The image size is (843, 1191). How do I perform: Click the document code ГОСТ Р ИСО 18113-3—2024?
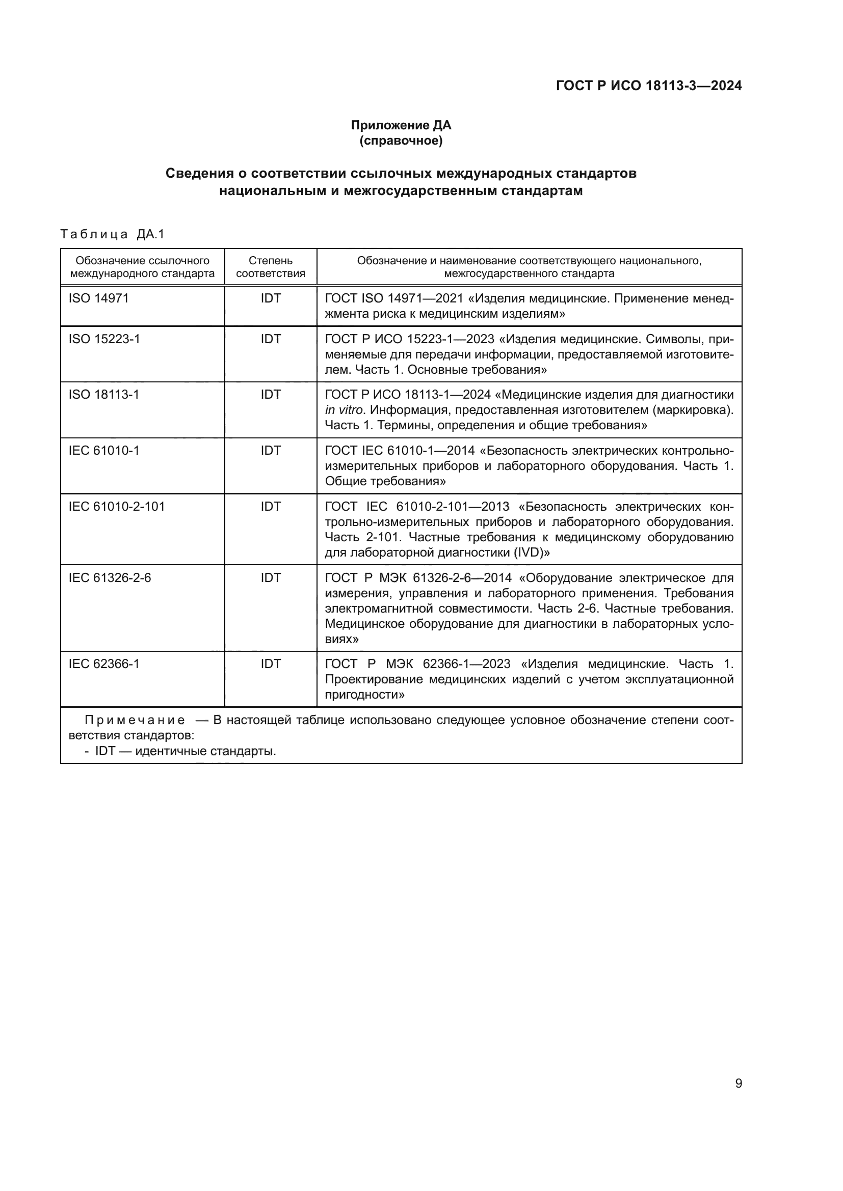(x=648, y=86)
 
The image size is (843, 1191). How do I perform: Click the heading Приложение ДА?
(x=401, y=125)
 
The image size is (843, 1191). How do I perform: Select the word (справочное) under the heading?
(x=401, y=141)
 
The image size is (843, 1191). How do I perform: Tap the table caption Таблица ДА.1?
(x=112, y=234)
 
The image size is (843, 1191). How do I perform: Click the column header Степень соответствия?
(x=271, y=267)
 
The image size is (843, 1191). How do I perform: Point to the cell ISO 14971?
(x=99, y=298)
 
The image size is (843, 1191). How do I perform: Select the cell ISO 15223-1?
(x=104, y=339)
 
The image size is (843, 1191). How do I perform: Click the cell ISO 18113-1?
(x=104, y=395)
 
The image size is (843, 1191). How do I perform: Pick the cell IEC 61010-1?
(x=104, y=450)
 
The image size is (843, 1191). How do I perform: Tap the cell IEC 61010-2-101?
(x=117, y=506)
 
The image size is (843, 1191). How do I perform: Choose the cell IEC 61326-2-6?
(x=110, y=577)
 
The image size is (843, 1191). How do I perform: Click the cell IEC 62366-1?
(x=104, y=664)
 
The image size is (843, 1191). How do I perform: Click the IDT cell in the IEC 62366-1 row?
(x=271, y=664)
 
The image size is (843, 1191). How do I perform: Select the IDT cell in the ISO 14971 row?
(x=271, y=298)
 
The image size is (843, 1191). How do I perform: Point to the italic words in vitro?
(x=343, y=410)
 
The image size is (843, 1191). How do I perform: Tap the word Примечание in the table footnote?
(x=135, y=720)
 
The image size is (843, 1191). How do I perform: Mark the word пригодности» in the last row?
(x=364, y=695)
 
